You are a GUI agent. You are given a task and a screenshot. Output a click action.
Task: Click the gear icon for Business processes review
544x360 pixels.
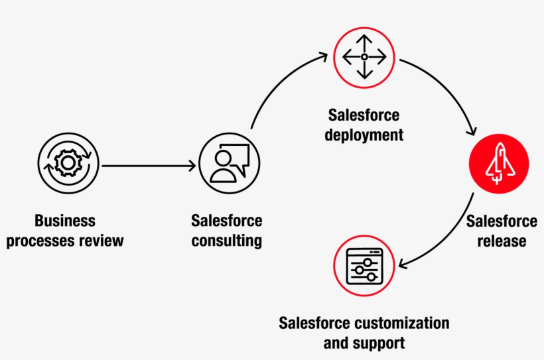pyautogui.click(x=68, y=163)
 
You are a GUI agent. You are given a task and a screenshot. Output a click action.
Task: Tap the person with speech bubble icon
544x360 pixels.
pyautogui.click(x=229, y=163)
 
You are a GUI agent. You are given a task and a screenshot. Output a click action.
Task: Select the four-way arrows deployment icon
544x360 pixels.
pyautogui.click(x=364, y=58)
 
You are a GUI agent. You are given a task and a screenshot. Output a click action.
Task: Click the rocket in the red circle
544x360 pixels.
pyautogui.click(x=498, y=163)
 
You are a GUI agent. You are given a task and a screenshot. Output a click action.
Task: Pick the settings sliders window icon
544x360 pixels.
pyautogui.click(x=364, y=266)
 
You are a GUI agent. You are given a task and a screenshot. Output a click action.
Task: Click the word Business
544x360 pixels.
pyautogui.click(x=65, y=221)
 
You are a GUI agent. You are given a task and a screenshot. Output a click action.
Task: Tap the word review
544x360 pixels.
pyautogui.click(x=101, y=241)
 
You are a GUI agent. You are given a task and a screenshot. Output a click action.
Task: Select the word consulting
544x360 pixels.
pyautogui.click(x=227, y=241)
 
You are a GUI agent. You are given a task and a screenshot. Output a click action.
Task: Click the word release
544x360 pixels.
pyautogui.click(x=501, y=241)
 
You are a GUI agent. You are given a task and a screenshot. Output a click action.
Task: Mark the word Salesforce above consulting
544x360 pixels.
pyautogui.click(x=227, y=221)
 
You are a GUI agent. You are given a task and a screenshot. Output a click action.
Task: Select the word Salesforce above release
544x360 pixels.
pyautogui.click(x=501, y=221)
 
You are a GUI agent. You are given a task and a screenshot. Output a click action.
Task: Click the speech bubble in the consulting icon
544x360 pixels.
pyautogui.click(x=239, y=156)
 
